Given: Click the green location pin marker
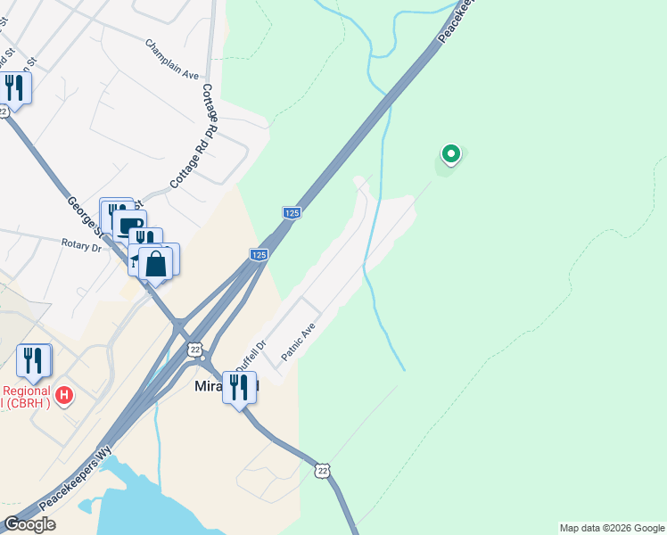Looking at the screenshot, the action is pos(451,154).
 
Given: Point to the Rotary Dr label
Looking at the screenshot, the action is pos(82,243).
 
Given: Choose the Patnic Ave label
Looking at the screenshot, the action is pos(299,342).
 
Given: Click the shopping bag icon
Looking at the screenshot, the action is pos(156,264).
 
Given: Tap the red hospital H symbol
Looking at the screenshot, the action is pos(63,394).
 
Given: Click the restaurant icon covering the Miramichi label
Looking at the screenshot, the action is pos(239,387).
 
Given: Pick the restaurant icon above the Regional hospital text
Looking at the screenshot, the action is pos(34,360).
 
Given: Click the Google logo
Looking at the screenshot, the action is pos(29,524).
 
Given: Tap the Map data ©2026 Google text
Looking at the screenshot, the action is pos(612,528).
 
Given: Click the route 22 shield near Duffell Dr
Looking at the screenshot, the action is pos(195,348).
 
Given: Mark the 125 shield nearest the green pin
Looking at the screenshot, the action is pos(292,213).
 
